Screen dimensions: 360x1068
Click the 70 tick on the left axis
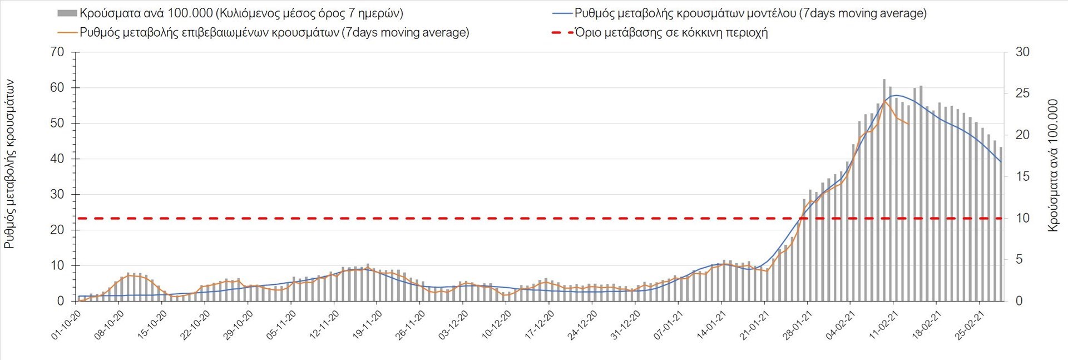57,52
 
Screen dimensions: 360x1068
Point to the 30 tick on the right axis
1022,52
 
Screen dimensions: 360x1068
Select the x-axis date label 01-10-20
67,325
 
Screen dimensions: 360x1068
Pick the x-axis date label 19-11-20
368,325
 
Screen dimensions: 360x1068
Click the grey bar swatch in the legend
67,13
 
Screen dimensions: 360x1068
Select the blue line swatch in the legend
562,13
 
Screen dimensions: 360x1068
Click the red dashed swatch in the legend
562,32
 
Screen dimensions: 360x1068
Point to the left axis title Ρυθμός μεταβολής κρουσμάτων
9,164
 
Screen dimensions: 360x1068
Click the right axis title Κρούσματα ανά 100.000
1052,165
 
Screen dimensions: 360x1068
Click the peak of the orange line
884,100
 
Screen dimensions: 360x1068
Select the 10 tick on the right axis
1022,218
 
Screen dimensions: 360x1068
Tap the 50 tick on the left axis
57,123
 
